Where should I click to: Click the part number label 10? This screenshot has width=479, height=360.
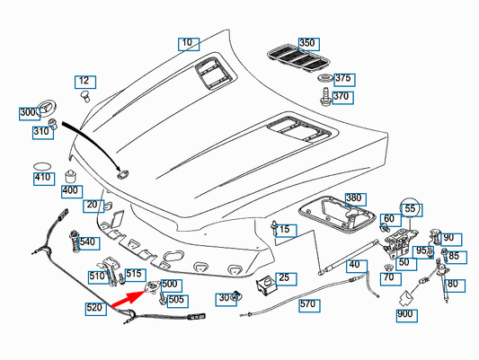[189, 44]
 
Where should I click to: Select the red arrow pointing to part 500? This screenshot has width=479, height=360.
[129, 298]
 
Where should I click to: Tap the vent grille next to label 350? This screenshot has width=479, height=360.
[298, 59]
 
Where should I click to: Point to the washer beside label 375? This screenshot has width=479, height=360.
[325, 78]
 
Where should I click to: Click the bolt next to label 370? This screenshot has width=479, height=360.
[325, 96]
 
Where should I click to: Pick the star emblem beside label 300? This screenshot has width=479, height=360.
[47, 110]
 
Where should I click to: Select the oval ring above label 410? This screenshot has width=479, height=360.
[42, 167]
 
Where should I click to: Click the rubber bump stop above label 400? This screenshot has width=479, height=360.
[71, 177]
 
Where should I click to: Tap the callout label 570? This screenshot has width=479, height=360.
[309, 306]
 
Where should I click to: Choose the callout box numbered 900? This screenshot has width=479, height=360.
[407, 316]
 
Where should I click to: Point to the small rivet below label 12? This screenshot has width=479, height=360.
[85, 96]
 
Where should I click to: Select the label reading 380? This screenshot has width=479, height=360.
[356, 199]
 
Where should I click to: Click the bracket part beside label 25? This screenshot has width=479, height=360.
[266, 285]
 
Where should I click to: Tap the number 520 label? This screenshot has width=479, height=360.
[96, 309]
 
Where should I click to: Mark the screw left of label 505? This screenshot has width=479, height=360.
[163, 299]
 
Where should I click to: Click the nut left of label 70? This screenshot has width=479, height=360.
[388, 268]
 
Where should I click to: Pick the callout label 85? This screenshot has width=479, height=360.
[457, 258]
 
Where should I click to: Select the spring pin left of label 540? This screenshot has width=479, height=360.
[75, 241]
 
